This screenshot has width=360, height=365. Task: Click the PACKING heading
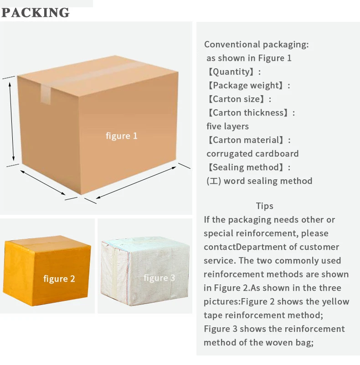36,12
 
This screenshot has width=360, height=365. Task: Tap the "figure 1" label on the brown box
121,136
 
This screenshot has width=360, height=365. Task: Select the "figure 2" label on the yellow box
59,279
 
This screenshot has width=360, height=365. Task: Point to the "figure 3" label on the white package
159,278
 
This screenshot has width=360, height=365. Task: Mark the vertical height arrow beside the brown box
13,122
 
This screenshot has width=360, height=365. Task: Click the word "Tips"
264,206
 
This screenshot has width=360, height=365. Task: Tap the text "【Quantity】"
233,71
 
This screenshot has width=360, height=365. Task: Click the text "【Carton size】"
238,99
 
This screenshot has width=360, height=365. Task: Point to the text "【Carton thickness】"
250,112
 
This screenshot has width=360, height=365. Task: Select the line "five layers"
227,126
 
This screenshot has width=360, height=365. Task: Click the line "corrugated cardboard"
252,153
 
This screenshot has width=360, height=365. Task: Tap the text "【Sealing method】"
248,167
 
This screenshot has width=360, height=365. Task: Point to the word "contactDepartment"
244,247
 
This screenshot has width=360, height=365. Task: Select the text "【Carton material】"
248,140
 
